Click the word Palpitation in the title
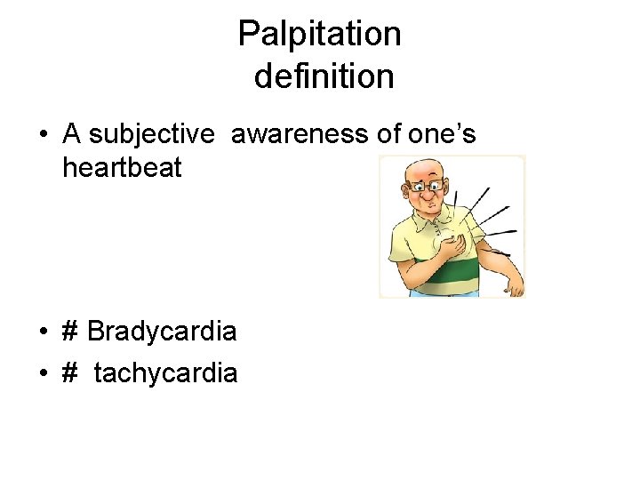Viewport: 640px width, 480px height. [319, 36]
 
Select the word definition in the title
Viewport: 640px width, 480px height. [324, 76]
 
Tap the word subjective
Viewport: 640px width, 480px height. [152, 134]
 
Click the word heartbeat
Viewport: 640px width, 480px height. [122, 167]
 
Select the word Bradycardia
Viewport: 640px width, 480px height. [162, 332]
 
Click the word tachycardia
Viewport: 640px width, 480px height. [165, 373]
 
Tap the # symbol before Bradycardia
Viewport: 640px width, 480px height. [71, 332]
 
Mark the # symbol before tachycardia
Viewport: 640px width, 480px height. [71, 373]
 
